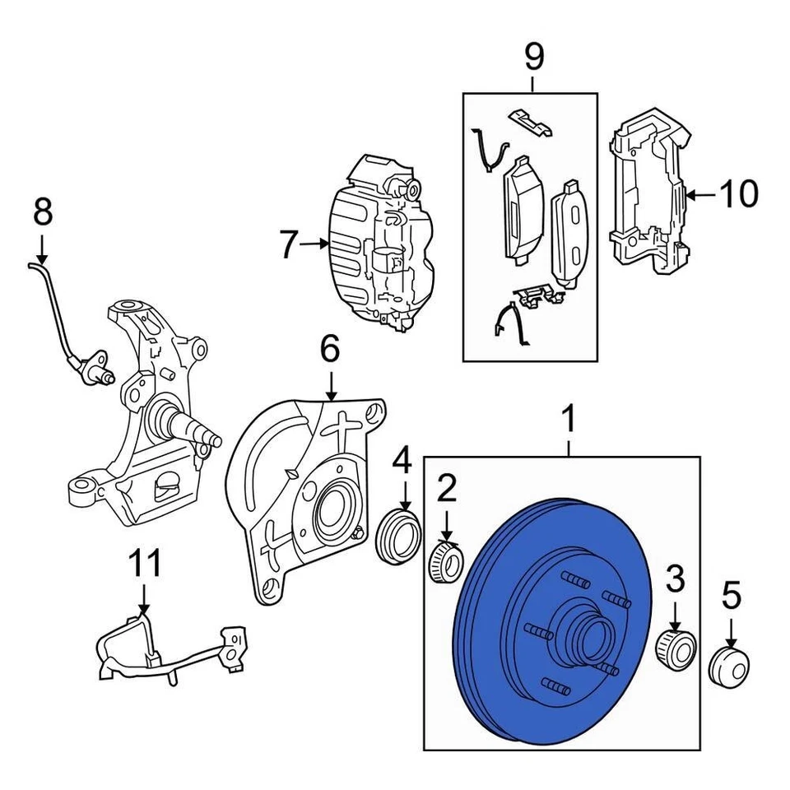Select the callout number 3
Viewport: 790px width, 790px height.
(675, 581)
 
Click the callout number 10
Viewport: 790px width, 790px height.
(738, 195)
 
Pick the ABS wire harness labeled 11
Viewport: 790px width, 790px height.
(165, 650)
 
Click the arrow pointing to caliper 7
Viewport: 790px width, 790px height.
(314, 244)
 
